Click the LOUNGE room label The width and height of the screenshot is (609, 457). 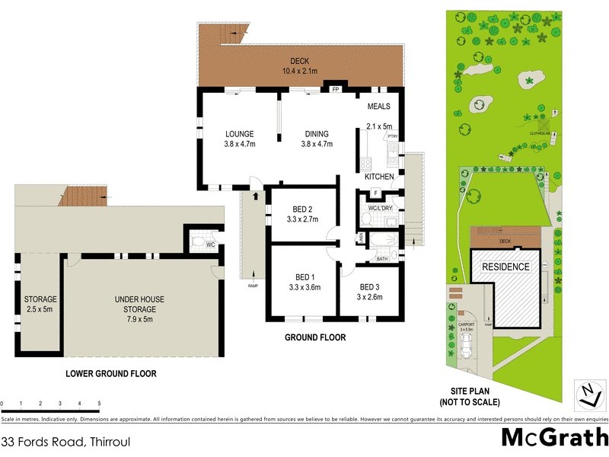pos(239,133)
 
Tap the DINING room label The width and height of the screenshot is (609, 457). pos(317,133)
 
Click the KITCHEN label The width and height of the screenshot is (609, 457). pos(379,177)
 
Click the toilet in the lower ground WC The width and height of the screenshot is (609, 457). pos(199,244)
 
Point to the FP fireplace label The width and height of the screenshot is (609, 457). pos(335,90)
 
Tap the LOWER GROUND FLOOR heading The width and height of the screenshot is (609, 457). pos(111,374)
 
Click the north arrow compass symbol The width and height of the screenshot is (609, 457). pos(586,392)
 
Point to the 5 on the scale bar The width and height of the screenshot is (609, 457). pos(99,404)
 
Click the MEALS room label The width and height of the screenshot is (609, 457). pos(379,107)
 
